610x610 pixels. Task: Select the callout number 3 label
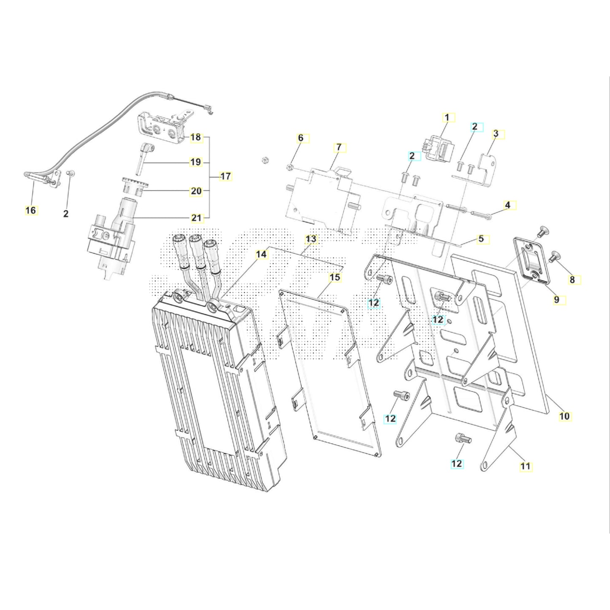pyautogui.click(x=496, y=134)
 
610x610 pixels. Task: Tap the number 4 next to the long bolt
pyautogui.click(x=507, y=205)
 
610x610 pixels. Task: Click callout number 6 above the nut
pyautogui.click(x=301, y=138)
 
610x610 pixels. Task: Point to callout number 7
pyautogui.click(x=338, y=148)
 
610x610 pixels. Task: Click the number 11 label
pyautogui.click(x=525, y=466)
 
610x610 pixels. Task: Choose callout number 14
pyautogui.click(x=261, y=254)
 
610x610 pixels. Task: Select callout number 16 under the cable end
pyautogui.click(x=31, y=210)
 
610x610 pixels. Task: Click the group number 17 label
pyautogui.click(x=226, y=176)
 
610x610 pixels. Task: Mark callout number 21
pyautogui.click(x=196, y=218)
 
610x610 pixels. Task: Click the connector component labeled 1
pyautogui.click(x=439, y=149)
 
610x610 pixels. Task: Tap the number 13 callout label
pyautogui.click(x=311, y=239)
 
